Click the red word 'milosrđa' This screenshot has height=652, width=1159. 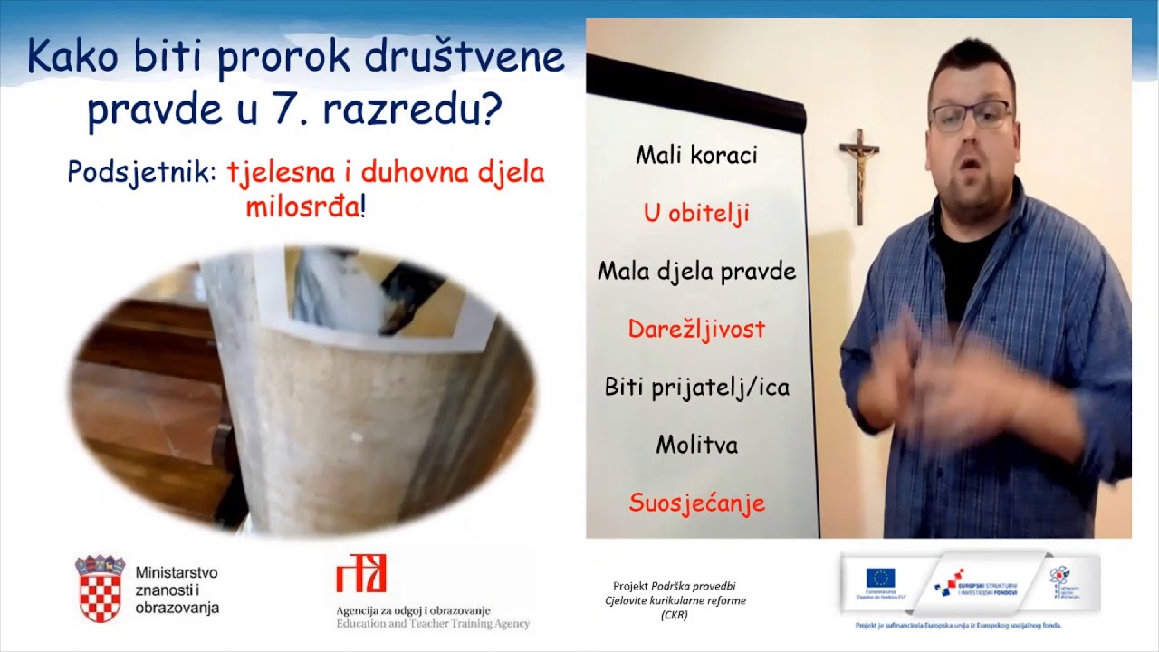pyautogui.click(x=302, y=206)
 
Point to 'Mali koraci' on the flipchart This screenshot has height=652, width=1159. pyautogui.click(x=696, y=155)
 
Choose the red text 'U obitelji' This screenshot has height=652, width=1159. pyautogui.click(x=696, y=214)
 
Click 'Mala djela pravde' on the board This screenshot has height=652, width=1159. pyautogui.click(x=696, y=272)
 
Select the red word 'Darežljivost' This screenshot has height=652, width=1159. pyautogui.click(x=696, y=329)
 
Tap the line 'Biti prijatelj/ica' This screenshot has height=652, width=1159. pyautogui.click(x=696, y=388)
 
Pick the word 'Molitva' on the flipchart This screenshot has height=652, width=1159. pyautogui.click(x=696, y=446)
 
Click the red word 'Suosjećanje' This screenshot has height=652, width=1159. pyautogui.click(x=696, y=503)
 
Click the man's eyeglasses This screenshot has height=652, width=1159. pyautogui.click(x=971, y=116)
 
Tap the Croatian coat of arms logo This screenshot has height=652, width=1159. pyautogui.click(x=100, y=589)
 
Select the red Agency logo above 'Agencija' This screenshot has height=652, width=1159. pyautogui.click(x=361, y=574)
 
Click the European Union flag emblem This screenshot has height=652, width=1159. pyautogui.click(x=880, y=578)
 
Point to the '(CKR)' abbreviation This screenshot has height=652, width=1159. pyautogui.click(x=674, y=615)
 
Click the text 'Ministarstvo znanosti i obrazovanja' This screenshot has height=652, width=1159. pyautogui.click(x=177, y=590)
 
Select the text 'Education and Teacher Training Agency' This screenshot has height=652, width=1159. pyautogui.click(x=433, y=624)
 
